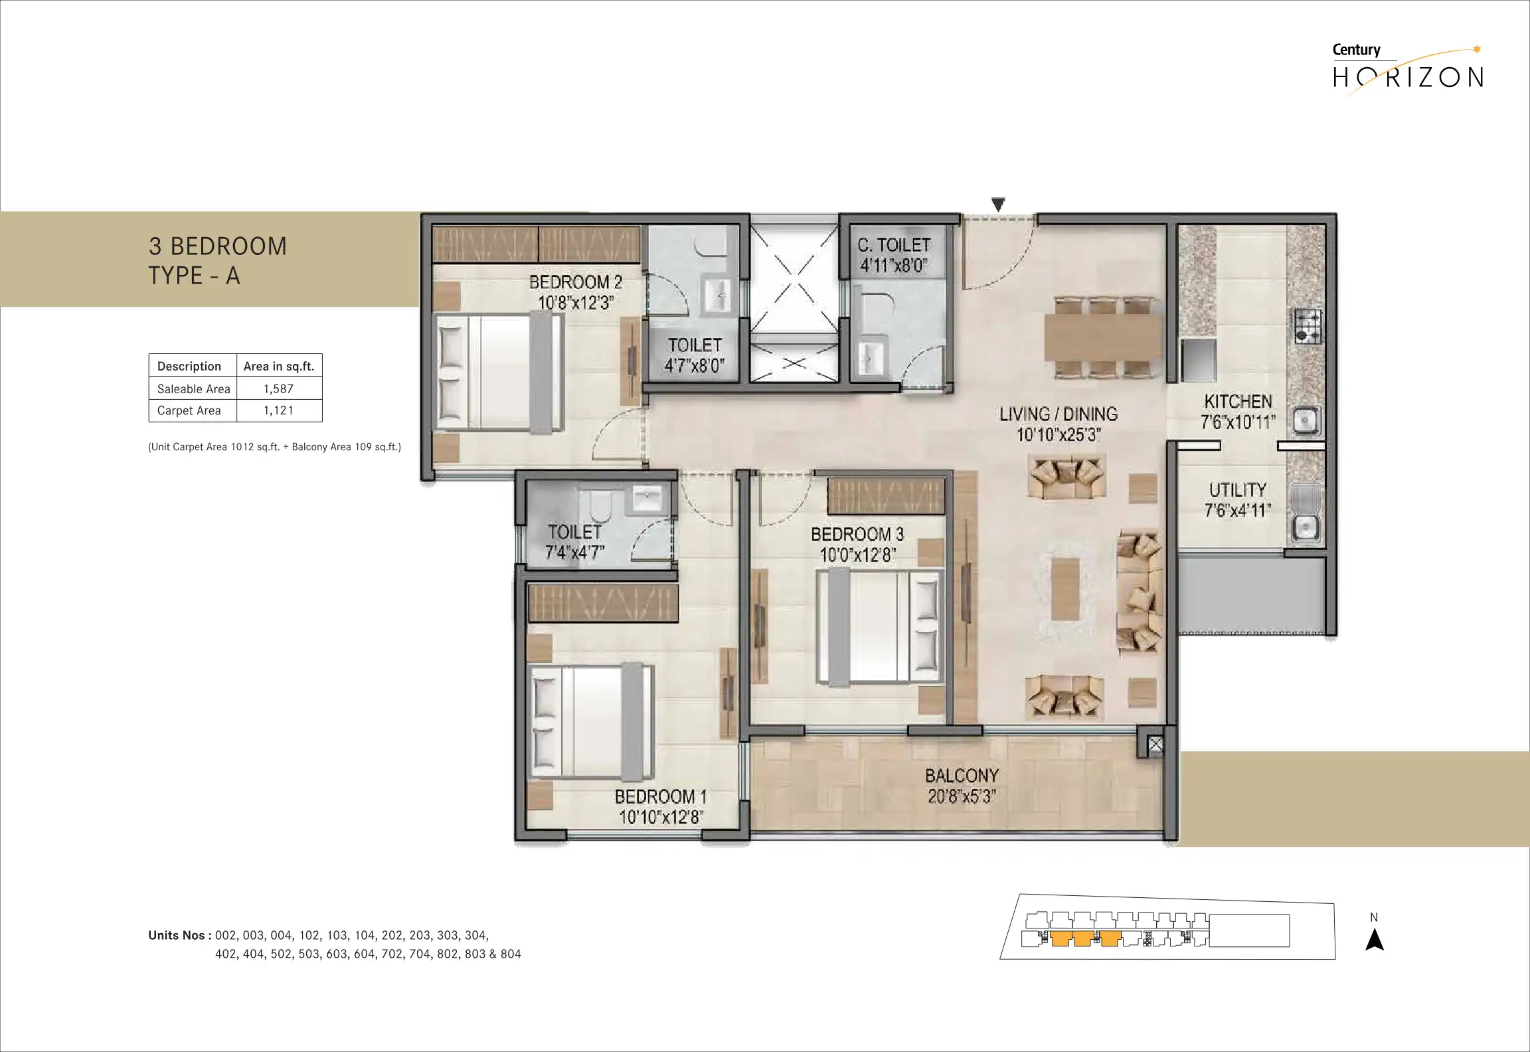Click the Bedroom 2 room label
[576, 282]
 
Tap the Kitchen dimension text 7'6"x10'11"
[1238, 422]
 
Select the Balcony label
[962, 776]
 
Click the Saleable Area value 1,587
[278, 389]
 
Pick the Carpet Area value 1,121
[278, 410]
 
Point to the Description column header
[189, 366]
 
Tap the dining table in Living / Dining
[1103, 337]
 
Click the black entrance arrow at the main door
[998, 204]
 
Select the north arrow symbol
[1374, 940]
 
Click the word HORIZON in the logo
[1408, 78]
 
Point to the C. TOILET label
[894, 245]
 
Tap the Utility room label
[1238, 490]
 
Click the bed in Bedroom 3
[880, 627]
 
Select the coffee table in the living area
[1065, 588]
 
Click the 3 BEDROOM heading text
[218, 246]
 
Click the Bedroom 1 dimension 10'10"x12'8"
[661, 818]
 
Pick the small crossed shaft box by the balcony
[1155, 745]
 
